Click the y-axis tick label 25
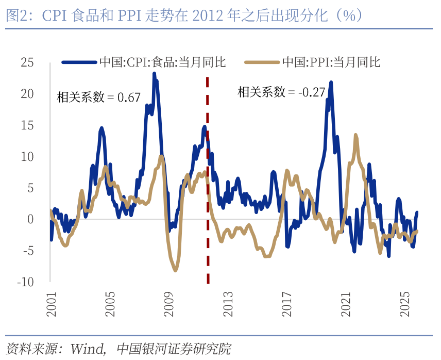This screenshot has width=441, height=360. pyautogui.click(x=27, y=62)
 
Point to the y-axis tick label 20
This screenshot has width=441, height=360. pyautogui.click(x=27, y=94)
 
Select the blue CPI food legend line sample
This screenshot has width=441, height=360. pyautogui.click(x=79, y=62)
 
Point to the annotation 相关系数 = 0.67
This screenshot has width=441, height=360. pyautogui.click(x=98, y=97)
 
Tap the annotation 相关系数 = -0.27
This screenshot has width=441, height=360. pyautogui.click(x=281, y=92)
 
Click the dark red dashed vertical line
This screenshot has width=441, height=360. pyautogui.click(x=208, y=181)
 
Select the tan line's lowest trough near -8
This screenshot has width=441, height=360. pyautogui.click(x=175, y=270)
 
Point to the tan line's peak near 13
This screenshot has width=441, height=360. pyautogui.click(x=355, y=136)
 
